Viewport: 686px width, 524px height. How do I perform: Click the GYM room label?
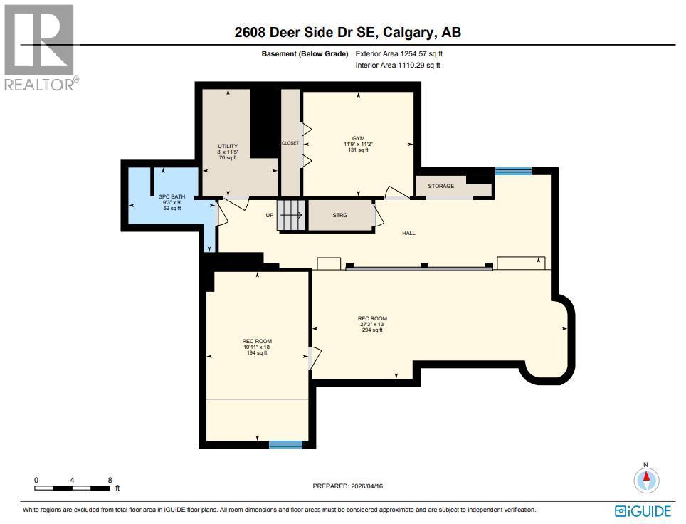[358, 138]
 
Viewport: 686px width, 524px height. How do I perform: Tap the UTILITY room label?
[227, 146]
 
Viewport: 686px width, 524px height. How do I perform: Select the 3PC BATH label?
[169, 197]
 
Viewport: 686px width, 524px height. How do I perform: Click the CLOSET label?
[290, 143]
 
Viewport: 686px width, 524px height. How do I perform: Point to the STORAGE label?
[440, 186]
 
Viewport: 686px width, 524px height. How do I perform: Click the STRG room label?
[340, 215]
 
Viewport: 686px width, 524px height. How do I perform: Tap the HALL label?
[408, 233]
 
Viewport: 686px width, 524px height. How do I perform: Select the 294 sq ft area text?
[373, 330]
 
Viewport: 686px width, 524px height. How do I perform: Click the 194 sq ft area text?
[256, 353]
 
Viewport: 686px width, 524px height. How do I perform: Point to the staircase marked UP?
[290, 215]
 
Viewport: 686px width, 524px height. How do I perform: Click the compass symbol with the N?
[646, 480]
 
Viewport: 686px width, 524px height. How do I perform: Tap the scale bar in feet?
[73, 488]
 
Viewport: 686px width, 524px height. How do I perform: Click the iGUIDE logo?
[643, 511]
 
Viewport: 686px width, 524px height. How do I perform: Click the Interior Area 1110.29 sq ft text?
[398, 65]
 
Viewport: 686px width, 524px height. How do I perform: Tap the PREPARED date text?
[348, 486]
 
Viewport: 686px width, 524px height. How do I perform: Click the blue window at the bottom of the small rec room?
[285, 445]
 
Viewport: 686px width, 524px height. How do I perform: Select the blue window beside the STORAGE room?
[513, 171]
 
